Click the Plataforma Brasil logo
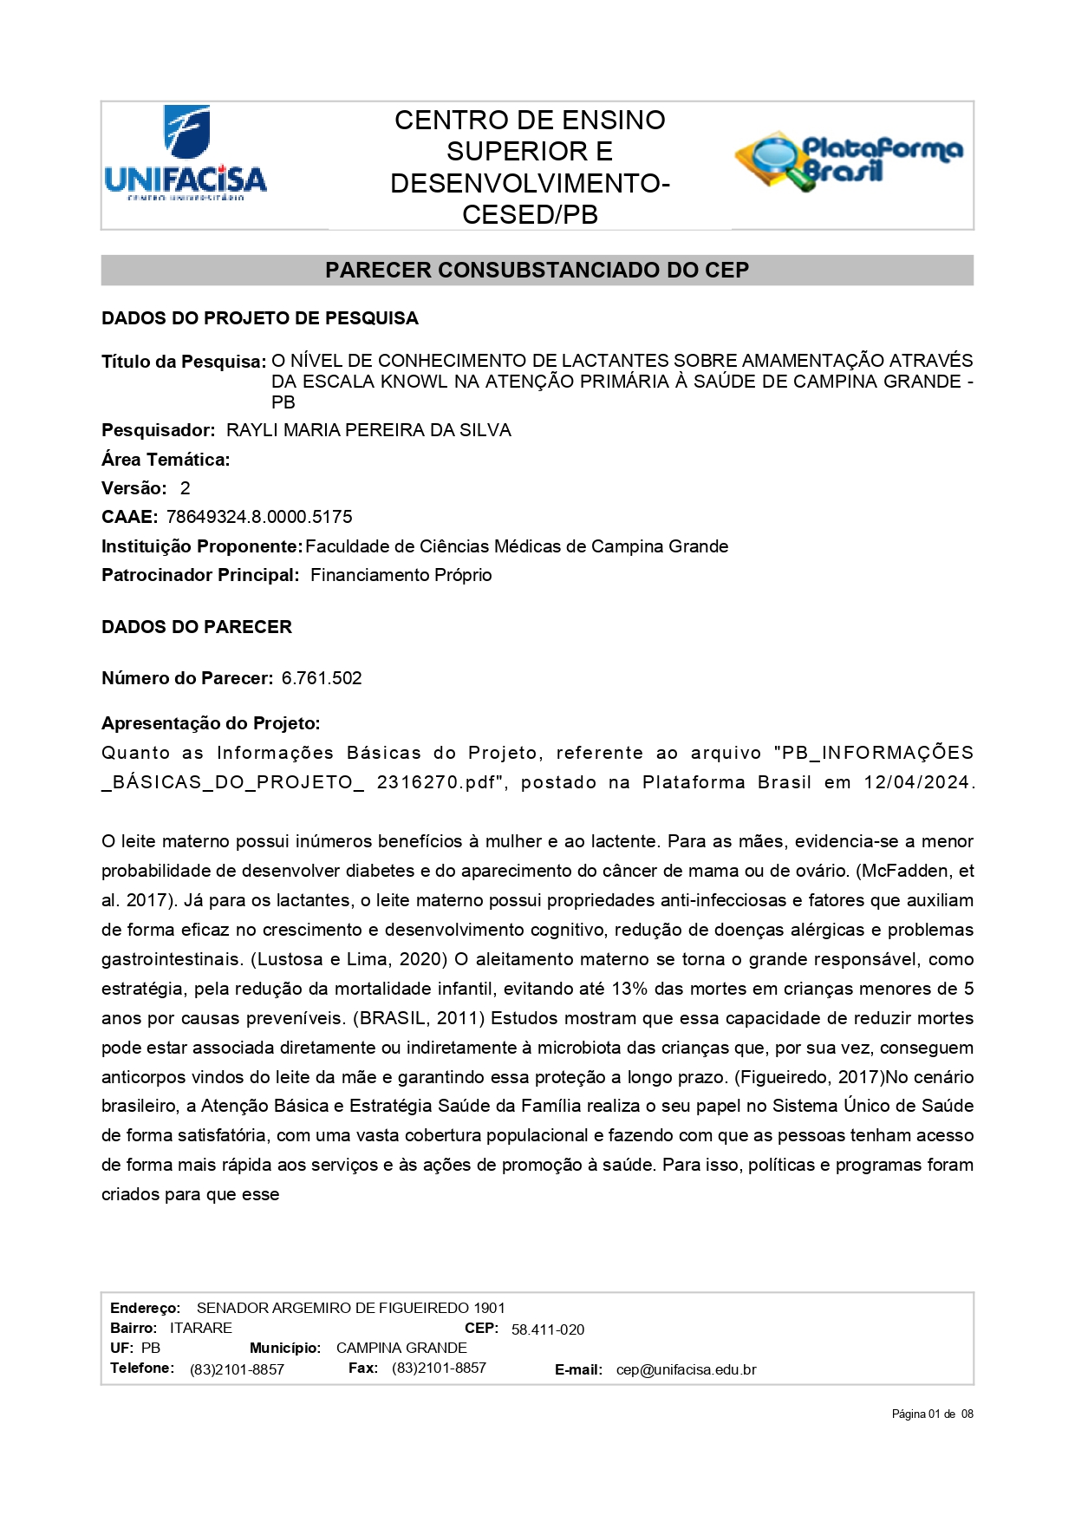click(850, 161)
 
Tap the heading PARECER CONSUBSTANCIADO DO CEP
click(537, 271)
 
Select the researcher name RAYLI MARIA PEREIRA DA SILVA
click(368, 430)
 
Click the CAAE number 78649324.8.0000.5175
click(259, 517)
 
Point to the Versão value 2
click(185, 488)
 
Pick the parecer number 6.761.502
click(322, 678)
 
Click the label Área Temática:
click(166, 460)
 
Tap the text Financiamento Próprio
click(401, 575)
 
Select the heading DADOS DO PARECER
click(197, 627)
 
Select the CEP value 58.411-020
click(548, 1329)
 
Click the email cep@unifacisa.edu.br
click(686, 1370)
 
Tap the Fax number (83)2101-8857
click(439, 1368)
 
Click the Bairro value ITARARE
click(201, 1328)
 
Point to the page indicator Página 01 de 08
click(932, 1414)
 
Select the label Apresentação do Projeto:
click(211, 723)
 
